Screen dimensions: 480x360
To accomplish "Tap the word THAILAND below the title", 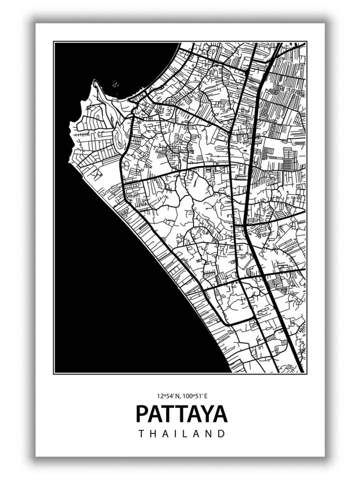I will pos(182,434).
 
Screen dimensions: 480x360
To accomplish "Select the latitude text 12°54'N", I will pos(168,395).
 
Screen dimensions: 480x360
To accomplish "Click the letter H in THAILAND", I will pos(154,434).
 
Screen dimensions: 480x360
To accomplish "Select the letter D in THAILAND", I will pos(221,434).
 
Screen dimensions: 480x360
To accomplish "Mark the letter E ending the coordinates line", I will pos(205,395).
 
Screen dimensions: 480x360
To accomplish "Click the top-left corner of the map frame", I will pos(54,42).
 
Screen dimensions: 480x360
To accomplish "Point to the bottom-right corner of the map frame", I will pos(306,373).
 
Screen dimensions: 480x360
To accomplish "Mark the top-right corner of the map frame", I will pos(306,42).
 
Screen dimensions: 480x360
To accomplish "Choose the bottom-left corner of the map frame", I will pos(54,373).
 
